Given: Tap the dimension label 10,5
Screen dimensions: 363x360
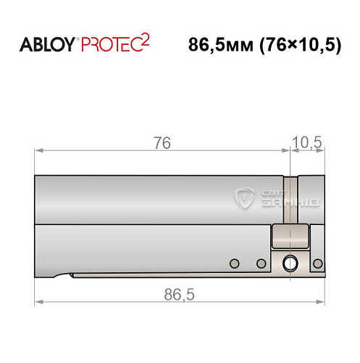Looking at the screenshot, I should coord(306,143).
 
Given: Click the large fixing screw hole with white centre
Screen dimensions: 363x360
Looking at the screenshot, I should coord(290,264).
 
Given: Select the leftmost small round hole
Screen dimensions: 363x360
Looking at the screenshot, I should coord(233,263).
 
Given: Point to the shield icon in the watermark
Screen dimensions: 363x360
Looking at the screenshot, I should coord(246,196).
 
